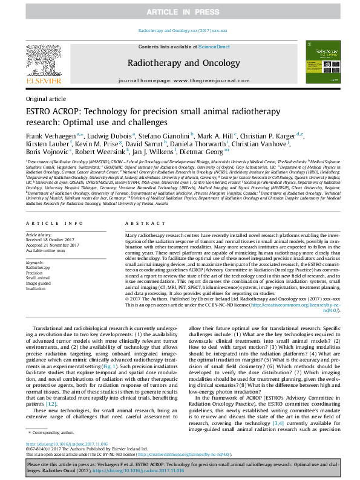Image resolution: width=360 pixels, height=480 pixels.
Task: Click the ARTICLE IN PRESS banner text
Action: click(180, 11)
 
